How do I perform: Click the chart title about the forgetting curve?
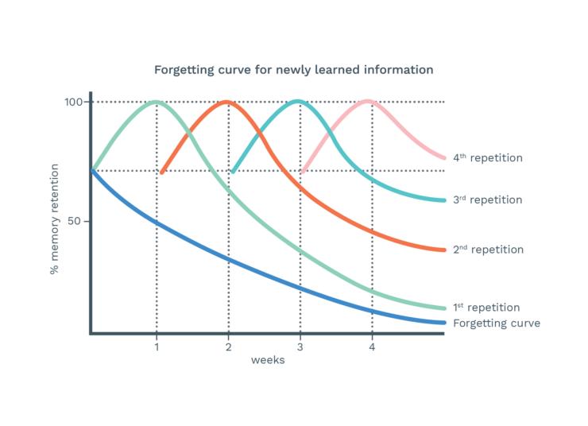293,70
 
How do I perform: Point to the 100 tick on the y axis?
74,102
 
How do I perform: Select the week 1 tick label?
157,347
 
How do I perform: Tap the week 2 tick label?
228,347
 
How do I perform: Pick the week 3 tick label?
300,347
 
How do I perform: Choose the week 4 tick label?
372,347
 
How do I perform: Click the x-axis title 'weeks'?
268,360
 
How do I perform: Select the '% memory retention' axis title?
55,219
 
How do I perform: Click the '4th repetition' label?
488,158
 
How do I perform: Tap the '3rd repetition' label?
488,199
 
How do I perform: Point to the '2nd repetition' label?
488,250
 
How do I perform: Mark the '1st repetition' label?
486,308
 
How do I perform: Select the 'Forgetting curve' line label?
496,323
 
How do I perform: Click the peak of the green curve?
156,102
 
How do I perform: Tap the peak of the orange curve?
227,102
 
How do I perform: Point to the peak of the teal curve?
297,101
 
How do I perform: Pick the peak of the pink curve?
368,101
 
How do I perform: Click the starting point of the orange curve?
161,172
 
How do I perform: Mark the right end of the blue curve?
443,323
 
